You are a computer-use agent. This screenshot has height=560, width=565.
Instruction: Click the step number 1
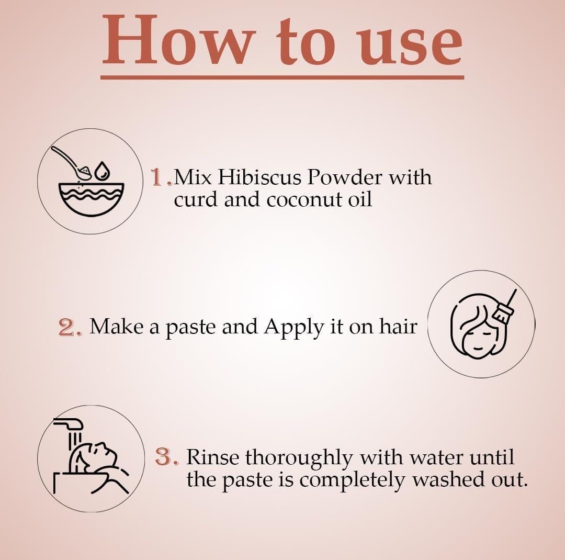click(158, 177)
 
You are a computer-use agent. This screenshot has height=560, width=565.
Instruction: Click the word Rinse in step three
click(212, 457)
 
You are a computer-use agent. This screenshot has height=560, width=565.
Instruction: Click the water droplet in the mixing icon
click(103, 170)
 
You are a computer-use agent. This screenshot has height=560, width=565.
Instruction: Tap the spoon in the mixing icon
click(72, 163)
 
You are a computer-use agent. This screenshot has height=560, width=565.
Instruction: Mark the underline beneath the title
click(282, 77)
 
